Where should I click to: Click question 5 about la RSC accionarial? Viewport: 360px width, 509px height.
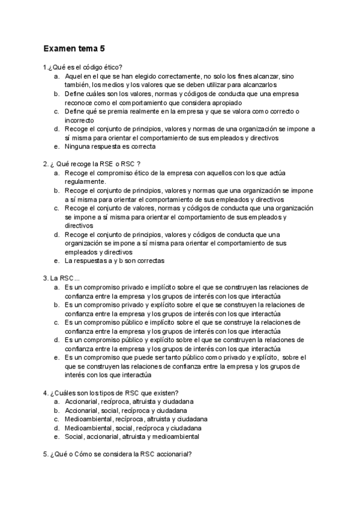(x=118, y=454)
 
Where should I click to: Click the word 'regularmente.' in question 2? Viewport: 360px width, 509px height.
(x=85, y=181)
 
